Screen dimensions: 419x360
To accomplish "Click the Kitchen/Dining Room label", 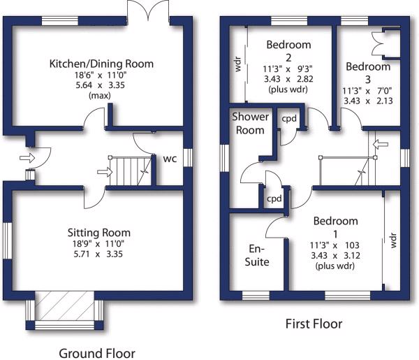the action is point(101,64).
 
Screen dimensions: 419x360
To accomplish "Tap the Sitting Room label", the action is point(99,233).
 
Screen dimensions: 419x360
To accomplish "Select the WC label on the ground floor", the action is point(170,159).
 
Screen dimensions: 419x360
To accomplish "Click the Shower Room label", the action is point(250,123).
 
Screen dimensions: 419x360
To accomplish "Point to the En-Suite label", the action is point(257,255).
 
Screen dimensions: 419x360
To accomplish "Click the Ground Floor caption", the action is point(97,354).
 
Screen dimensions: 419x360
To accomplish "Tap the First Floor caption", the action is point(314,324).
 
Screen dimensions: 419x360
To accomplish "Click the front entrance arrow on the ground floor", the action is point(27,158).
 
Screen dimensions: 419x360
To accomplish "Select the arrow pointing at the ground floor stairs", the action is point(105,172).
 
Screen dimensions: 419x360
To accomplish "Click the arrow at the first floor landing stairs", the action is point(381,145).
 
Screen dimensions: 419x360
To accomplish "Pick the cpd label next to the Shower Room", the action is point(289,118).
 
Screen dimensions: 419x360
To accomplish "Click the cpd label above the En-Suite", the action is point(274,199).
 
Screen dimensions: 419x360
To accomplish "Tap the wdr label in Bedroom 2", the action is point(237,64).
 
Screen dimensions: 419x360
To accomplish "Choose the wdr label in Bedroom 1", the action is point(393,240).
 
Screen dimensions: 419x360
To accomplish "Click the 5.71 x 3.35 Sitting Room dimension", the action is point(98,254).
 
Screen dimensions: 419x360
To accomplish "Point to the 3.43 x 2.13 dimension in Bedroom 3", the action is point(368,101).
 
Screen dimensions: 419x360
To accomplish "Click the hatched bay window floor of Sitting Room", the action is point(65,305).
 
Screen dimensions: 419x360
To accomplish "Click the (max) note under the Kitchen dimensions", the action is point(100,96).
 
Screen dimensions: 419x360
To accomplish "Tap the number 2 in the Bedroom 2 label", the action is point(288,58).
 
